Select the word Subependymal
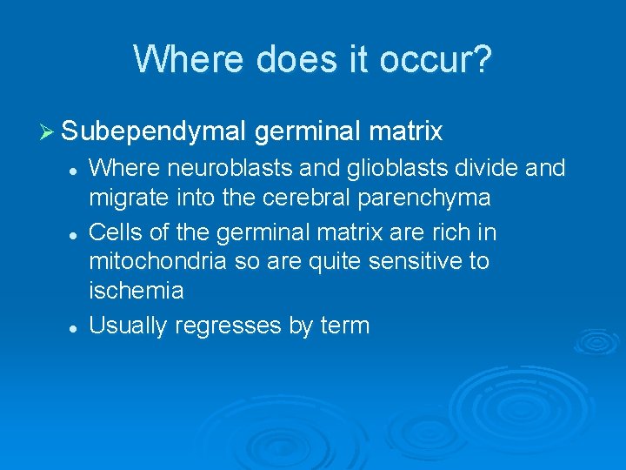tap(155, 132)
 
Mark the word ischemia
tap(136, 291)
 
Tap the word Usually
tap(129, 326)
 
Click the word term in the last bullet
tap(345, 326)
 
